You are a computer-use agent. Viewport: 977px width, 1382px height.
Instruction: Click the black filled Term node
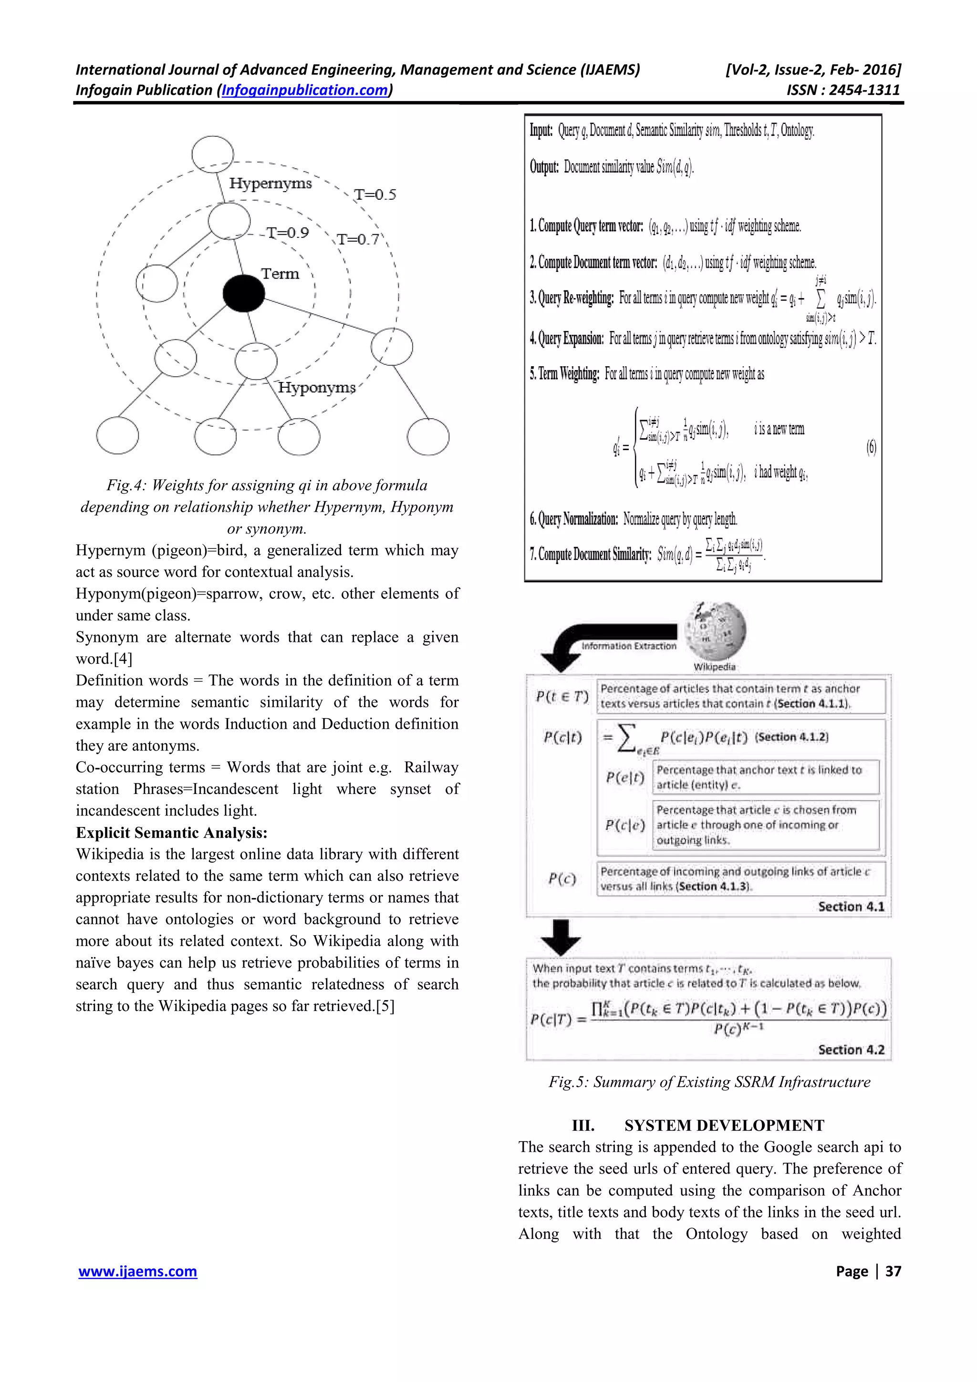(x=243, y=293)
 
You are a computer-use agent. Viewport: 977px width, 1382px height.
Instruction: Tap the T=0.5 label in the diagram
(x=374, y=195)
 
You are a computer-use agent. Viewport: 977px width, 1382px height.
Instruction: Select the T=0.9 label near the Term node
(x=287, y=232)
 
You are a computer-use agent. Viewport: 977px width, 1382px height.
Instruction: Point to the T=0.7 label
(x=358, y=239)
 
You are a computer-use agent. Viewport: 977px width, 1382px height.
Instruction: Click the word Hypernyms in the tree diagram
(x=270, y=183)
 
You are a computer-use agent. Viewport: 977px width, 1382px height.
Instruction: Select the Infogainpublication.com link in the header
(x=305, y=90)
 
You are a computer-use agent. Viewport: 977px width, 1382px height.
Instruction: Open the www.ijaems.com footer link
(x=138, y=1271)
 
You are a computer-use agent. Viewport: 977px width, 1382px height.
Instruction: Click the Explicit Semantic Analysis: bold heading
(x=172, y=833)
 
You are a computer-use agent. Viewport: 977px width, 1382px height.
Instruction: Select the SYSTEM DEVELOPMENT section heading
(x=724, y=1125)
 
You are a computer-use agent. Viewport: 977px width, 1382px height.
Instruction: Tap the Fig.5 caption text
(x=709, y=1082)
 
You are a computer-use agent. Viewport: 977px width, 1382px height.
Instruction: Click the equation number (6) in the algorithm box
(x=871, y=447)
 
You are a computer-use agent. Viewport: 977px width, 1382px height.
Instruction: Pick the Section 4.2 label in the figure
(x=851, y=1050)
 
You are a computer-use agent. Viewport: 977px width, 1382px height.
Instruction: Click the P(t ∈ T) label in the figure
(x=561, y=696)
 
